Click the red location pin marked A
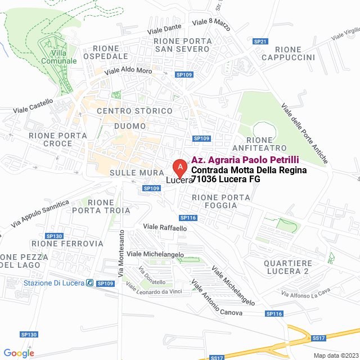click(179, 167)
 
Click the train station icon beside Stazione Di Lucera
click(89, 282)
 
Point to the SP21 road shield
click(260, 42)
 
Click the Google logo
click(19, 353)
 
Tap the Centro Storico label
click(134, 111)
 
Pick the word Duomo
click(130, 126)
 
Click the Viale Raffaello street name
click(165, 227)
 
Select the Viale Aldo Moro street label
click(128, 71)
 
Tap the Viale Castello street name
click(33, 106)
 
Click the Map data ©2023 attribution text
click(336, 355)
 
